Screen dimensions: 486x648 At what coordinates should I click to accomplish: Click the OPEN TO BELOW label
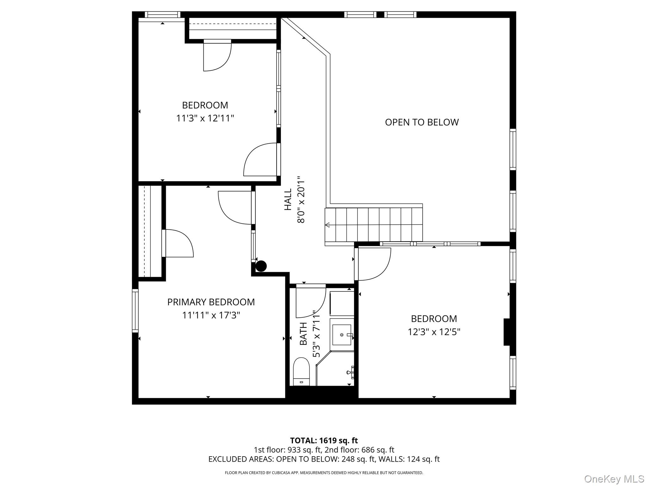coord(421,122)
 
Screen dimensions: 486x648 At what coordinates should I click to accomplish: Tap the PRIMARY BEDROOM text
coord(211,302)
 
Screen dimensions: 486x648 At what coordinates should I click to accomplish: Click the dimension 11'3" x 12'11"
coord(205,118)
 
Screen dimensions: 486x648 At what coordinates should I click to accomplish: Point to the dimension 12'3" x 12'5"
coord(434,332)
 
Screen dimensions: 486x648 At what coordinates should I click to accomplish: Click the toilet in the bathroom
coord(301,371)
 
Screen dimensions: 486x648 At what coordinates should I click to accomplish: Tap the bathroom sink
coord(342,335)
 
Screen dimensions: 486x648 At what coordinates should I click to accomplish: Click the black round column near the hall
coord(261,266)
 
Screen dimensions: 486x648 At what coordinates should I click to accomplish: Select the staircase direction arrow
coord(327,225)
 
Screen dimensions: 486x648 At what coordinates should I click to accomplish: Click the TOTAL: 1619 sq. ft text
coord(324,440)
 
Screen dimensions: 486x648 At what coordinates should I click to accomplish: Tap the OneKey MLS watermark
coord(614,479)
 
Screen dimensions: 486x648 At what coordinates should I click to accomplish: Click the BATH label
coord(303,334)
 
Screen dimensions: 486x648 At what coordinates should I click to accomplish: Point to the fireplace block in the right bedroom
coord(507,332)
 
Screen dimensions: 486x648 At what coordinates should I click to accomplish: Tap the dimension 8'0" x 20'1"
coord(301,200)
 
